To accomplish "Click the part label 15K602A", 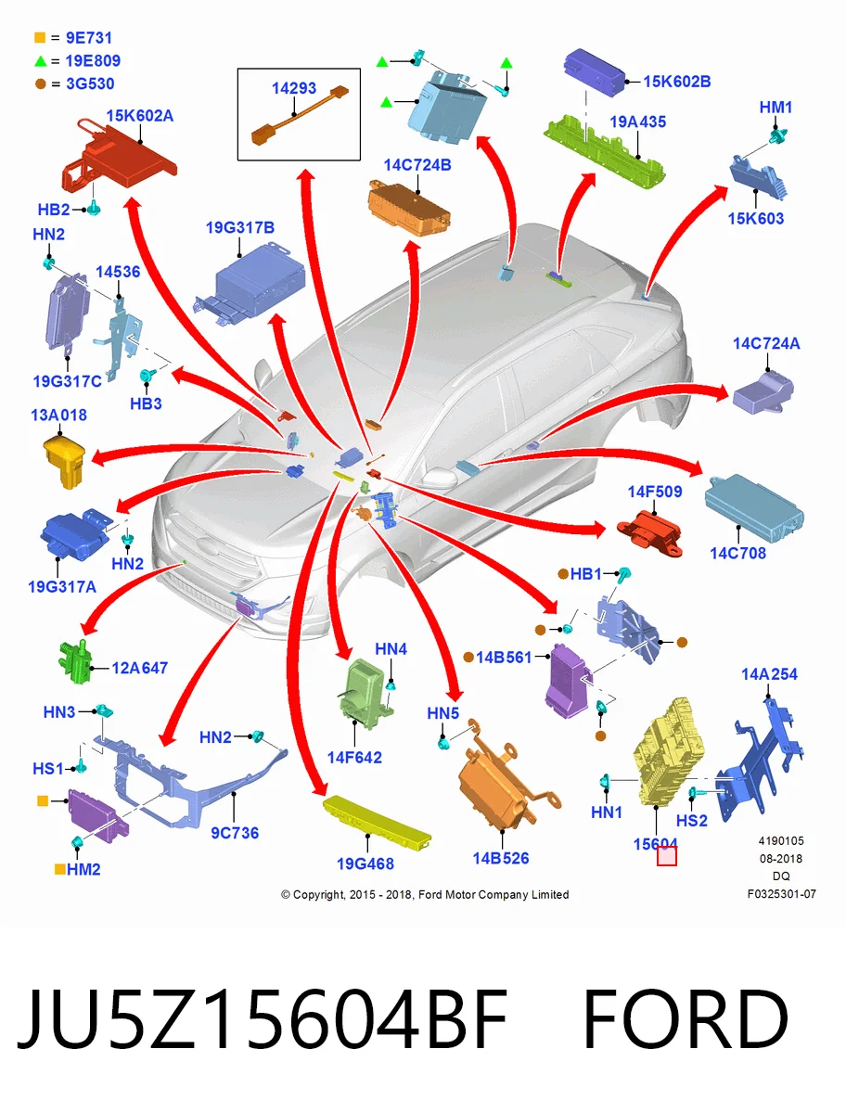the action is (139, 116).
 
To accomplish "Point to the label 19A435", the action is (637, 122).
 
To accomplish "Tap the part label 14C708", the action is (738, 553).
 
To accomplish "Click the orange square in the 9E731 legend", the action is (40, 37).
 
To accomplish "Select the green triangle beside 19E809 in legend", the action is (40, 61).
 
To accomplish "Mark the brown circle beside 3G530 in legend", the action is (41, 83).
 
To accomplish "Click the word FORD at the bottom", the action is (686, 1018).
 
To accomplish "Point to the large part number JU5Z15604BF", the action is (263, 1018).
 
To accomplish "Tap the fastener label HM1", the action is (775, 108).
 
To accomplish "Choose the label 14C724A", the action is (766, 344).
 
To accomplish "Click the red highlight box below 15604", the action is (667, 856).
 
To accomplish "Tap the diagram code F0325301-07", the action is (782, 894).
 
